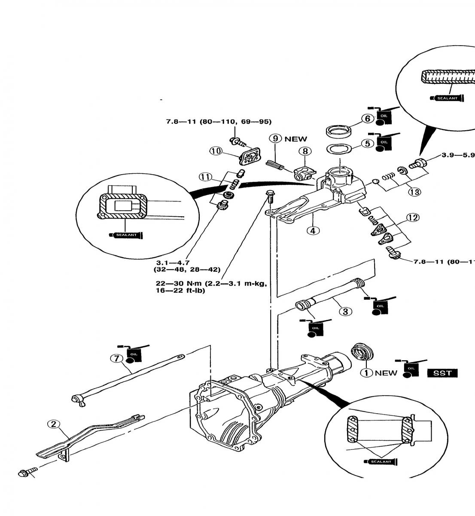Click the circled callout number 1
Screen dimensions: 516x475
click(x=366, y=373)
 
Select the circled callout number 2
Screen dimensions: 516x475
click(x=53, y=424)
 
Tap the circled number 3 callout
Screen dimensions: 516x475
click(x=346, y=311)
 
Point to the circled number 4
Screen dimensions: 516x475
click(x=313, y=230)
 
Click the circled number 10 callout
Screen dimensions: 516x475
click(x=216, y=150)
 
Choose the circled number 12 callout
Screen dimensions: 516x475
click(x=413, y=218)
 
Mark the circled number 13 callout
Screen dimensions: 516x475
click(x=414, y=192)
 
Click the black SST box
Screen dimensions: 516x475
click(x=442, y=373)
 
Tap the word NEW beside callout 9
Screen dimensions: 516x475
click(x=296, y=139)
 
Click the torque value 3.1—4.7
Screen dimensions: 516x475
click(x=171, y=262)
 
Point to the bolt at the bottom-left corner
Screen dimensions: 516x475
click(x=24, y=473)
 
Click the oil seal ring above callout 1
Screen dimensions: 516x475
click(x=362, y=353)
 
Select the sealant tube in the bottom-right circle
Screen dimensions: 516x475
click(x=380, y=462)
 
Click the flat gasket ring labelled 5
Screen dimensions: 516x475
click(x=339, y=149)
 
